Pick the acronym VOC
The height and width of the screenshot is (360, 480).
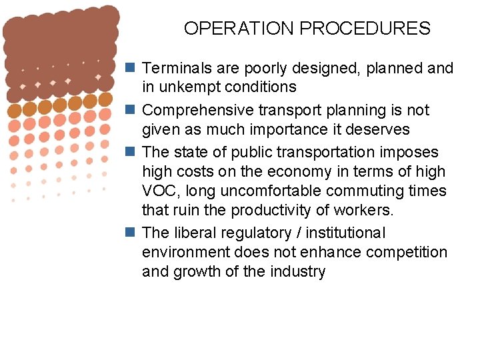(158, 191)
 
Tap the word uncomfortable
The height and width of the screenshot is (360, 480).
(279, 191)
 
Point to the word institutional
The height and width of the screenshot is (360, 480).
(346, 233)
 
